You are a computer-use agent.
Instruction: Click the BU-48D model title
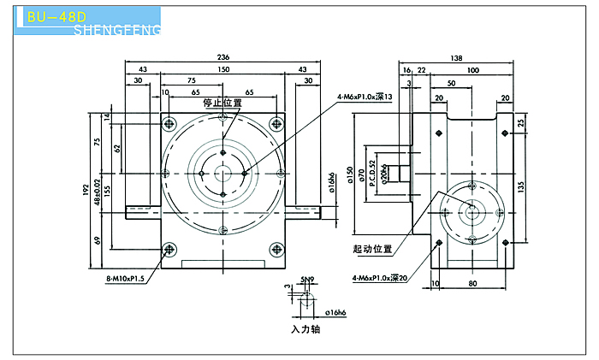click(56, 16)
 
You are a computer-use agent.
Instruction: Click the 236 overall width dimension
click(224, 56)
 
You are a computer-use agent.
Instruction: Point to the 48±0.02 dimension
click(97, 189)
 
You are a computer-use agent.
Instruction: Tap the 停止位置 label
click(222, 103)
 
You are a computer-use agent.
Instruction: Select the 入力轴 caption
click(305, 328)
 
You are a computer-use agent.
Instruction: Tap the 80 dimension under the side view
click(472, 281)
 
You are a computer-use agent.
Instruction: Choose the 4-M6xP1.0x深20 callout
click(380, 278)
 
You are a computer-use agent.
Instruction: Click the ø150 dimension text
click(349, 175)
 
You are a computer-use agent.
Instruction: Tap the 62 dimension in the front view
click(118, 148)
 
